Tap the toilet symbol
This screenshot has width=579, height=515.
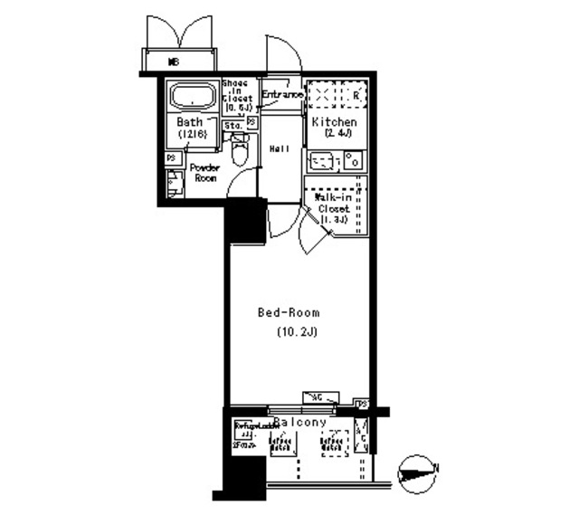240,151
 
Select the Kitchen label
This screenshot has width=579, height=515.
334,122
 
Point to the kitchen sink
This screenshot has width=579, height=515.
322,162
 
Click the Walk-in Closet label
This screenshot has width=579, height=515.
333,207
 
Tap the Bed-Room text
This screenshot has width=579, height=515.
289,313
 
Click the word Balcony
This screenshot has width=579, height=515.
299,423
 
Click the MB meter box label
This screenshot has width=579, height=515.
175,62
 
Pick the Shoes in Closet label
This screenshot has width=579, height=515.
235,94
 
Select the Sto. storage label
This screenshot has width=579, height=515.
233,125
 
